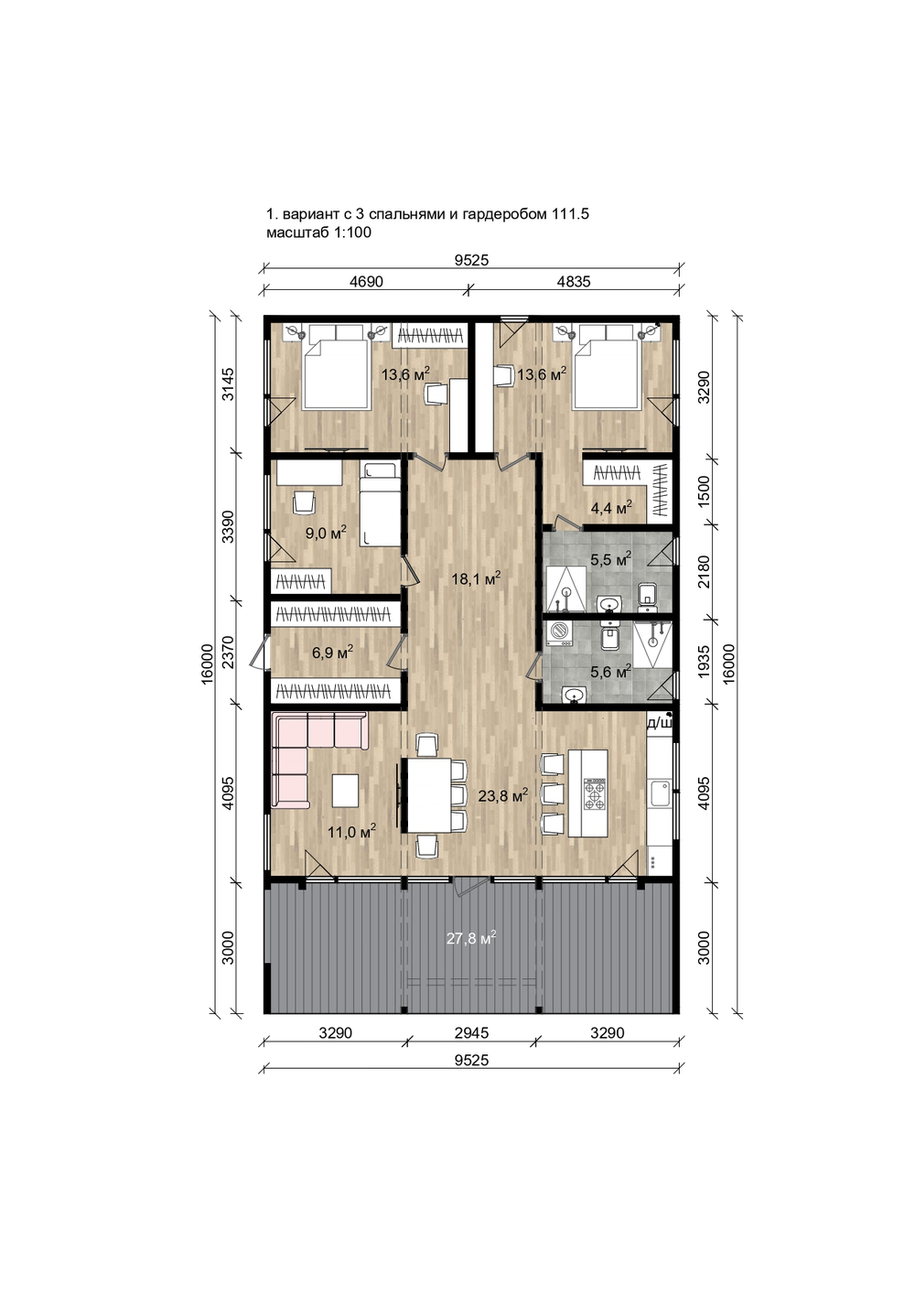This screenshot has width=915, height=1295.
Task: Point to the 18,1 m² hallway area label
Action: click(x=476, y=578)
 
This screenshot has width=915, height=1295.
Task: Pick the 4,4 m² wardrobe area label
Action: click(x=610, y=508)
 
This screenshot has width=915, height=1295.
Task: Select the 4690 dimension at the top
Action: click(x=366, y=282)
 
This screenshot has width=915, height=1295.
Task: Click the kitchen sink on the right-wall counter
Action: click(x=660, y=793)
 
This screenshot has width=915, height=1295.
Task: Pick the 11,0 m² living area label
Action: click(x=352, y=832)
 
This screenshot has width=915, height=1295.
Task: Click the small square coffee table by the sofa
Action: click(x=345, y=791)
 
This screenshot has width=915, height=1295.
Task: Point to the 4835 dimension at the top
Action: click(x=573, y=282)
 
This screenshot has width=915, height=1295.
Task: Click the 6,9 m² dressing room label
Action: click(x=332, y=653)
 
